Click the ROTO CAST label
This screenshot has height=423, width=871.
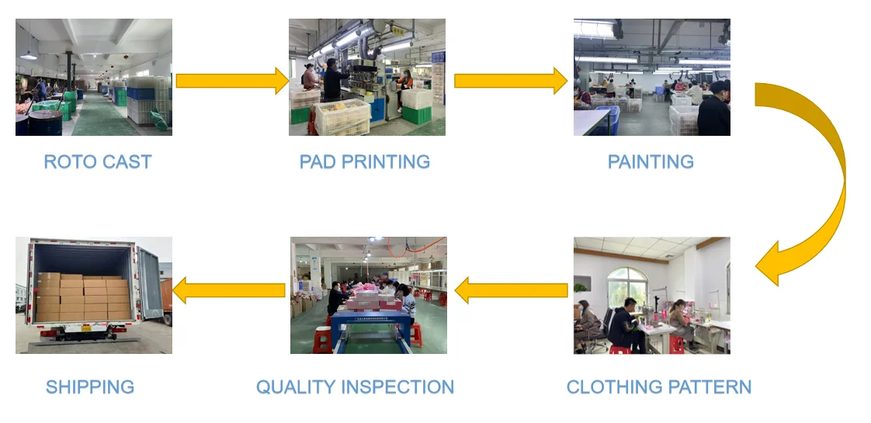point(97,162)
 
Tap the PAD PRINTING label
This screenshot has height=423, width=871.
point(364,162)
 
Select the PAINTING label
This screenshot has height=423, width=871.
point(651,162)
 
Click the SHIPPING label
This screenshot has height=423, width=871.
point(90,387)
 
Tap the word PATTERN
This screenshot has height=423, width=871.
point(711,387)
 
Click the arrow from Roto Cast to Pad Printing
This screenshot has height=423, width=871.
point(231,81)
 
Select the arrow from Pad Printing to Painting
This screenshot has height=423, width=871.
point(510,81)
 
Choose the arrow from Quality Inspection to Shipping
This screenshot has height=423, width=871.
point(229,291)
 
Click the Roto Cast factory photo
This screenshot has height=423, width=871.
point(94,78)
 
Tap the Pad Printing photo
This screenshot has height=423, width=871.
point(367,78)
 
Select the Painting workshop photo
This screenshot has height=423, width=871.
point(652,78)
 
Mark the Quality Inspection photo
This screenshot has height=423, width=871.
point(369,295)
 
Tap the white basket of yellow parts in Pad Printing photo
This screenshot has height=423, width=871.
point(342,117)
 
